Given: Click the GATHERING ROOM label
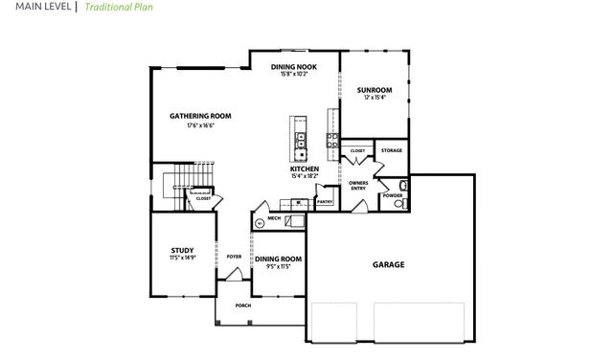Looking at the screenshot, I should pos(200,116).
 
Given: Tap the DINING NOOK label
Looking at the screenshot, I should pos(293,66).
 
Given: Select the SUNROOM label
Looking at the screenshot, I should pos(375,90).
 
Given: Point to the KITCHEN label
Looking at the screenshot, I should pos(305,169).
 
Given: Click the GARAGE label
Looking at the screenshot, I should pos(388,264).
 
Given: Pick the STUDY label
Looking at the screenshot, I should pos(182,250).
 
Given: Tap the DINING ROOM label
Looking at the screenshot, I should pos(278,259).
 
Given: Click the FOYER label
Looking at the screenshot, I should pos(234,257).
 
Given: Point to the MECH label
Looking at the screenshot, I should pos(274,218).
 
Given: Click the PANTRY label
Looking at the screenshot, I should pos(325,201).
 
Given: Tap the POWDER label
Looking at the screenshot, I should pos(393,195).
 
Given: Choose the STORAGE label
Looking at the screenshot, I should pos(392,150).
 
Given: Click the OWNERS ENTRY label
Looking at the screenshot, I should pos(358,184).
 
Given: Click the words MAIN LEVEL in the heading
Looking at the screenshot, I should pos(34,6).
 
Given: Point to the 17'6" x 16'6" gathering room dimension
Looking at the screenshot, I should pos(200,125).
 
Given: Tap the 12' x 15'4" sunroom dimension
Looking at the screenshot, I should pos(375,99).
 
